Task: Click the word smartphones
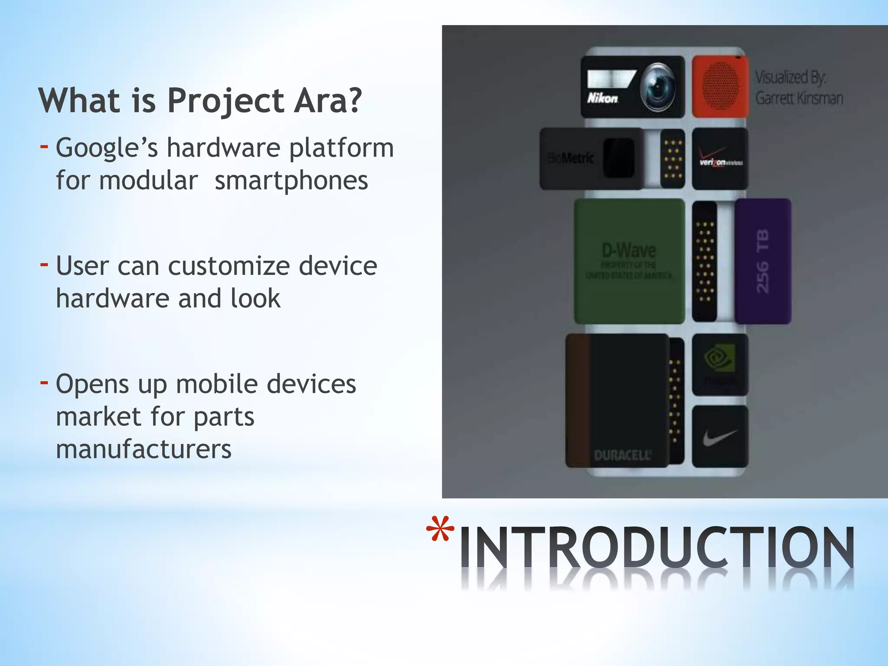coord(291,180)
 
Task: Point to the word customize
coord(229,266)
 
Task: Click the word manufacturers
coord(144,449)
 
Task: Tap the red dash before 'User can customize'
coord(44,264)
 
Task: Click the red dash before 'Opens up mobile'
coord(44,382)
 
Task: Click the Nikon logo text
coord(602,98)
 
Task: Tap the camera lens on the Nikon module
coord(657,85)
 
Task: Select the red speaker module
coord(720,86)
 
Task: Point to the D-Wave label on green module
coord(629,250)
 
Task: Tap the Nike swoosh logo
coord(719,437)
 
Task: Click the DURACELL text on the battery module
coord(622,455)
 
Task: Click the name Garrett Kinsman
coord(799,98)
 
